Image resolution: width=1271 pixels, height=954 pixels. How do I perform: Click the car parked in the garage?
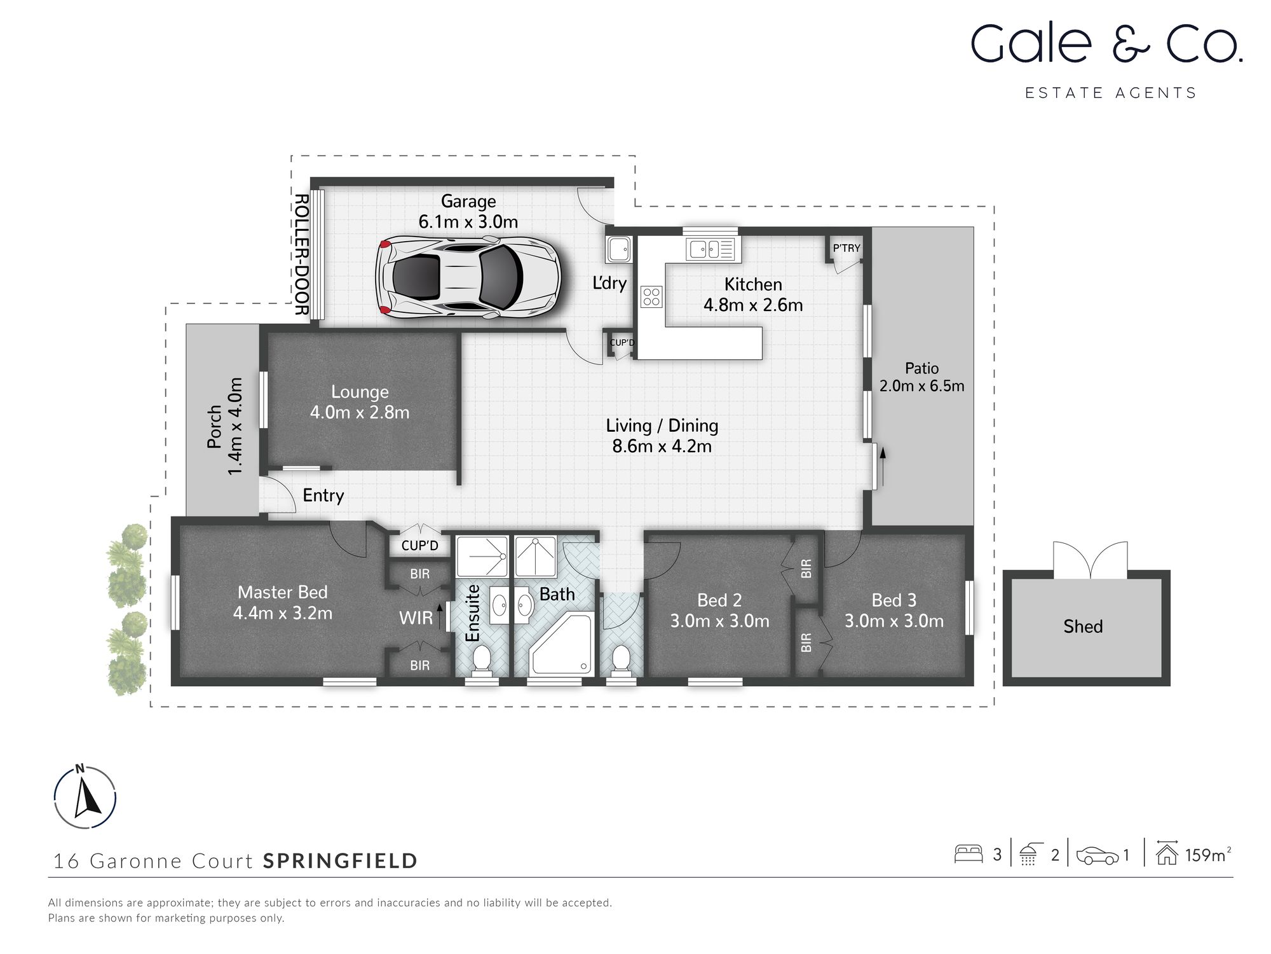[x=468, y=277]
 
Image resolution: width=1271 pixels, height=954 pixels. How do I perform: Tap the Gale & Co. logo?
[x=1106, y=45]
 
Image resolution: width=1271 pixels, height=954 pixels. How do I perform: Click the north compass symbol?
[x=85, y=798]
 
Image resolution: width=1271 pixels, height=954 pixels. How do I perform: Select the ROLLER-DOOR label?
[x=301, y=254]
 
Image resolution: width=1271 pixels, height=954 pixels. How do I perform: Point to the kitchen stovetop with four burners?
[x=651, y=296]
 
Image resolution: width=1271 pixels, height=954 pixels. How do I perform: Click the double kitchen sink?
[x=710, y=249]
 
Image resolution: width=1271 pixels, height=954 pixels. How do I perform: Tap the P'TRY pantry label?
[x=846, y=248]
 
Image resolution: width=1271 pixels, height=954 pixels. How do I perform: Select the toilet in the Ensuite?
[x=481, y=659]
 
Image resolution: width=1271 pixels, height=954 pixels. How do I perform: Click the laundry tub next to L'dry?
[x=618, y=249]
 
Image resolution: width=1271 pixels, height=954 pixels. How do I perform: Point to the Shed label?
[x=1083, y=626]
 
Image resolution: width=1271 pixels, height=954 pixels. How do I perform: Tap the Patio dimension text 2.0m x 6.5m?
[x=921, y=386]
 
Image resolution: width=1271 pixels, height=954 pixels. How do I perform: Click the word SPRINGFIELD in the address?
[x=341, y=861]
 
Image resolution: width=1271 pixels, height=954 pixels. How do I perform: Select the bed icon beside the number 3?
[x=969, y=854]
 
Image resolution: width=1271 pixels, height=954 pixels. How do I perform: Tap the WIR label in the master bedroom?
[x=416, y=618]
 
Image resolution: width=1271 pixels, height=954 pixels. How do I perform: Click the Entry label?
[x=323, y=495]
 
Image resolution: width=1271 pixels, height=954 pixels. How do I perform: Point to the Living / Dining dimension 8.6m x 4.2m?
[x=662, y=446]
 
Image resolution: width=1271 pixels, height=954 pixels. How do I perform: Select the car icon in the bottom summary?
[x=1096, y=855]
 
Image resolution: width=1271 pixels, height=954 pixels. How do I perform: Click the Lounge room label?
[x=360, y=392]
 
